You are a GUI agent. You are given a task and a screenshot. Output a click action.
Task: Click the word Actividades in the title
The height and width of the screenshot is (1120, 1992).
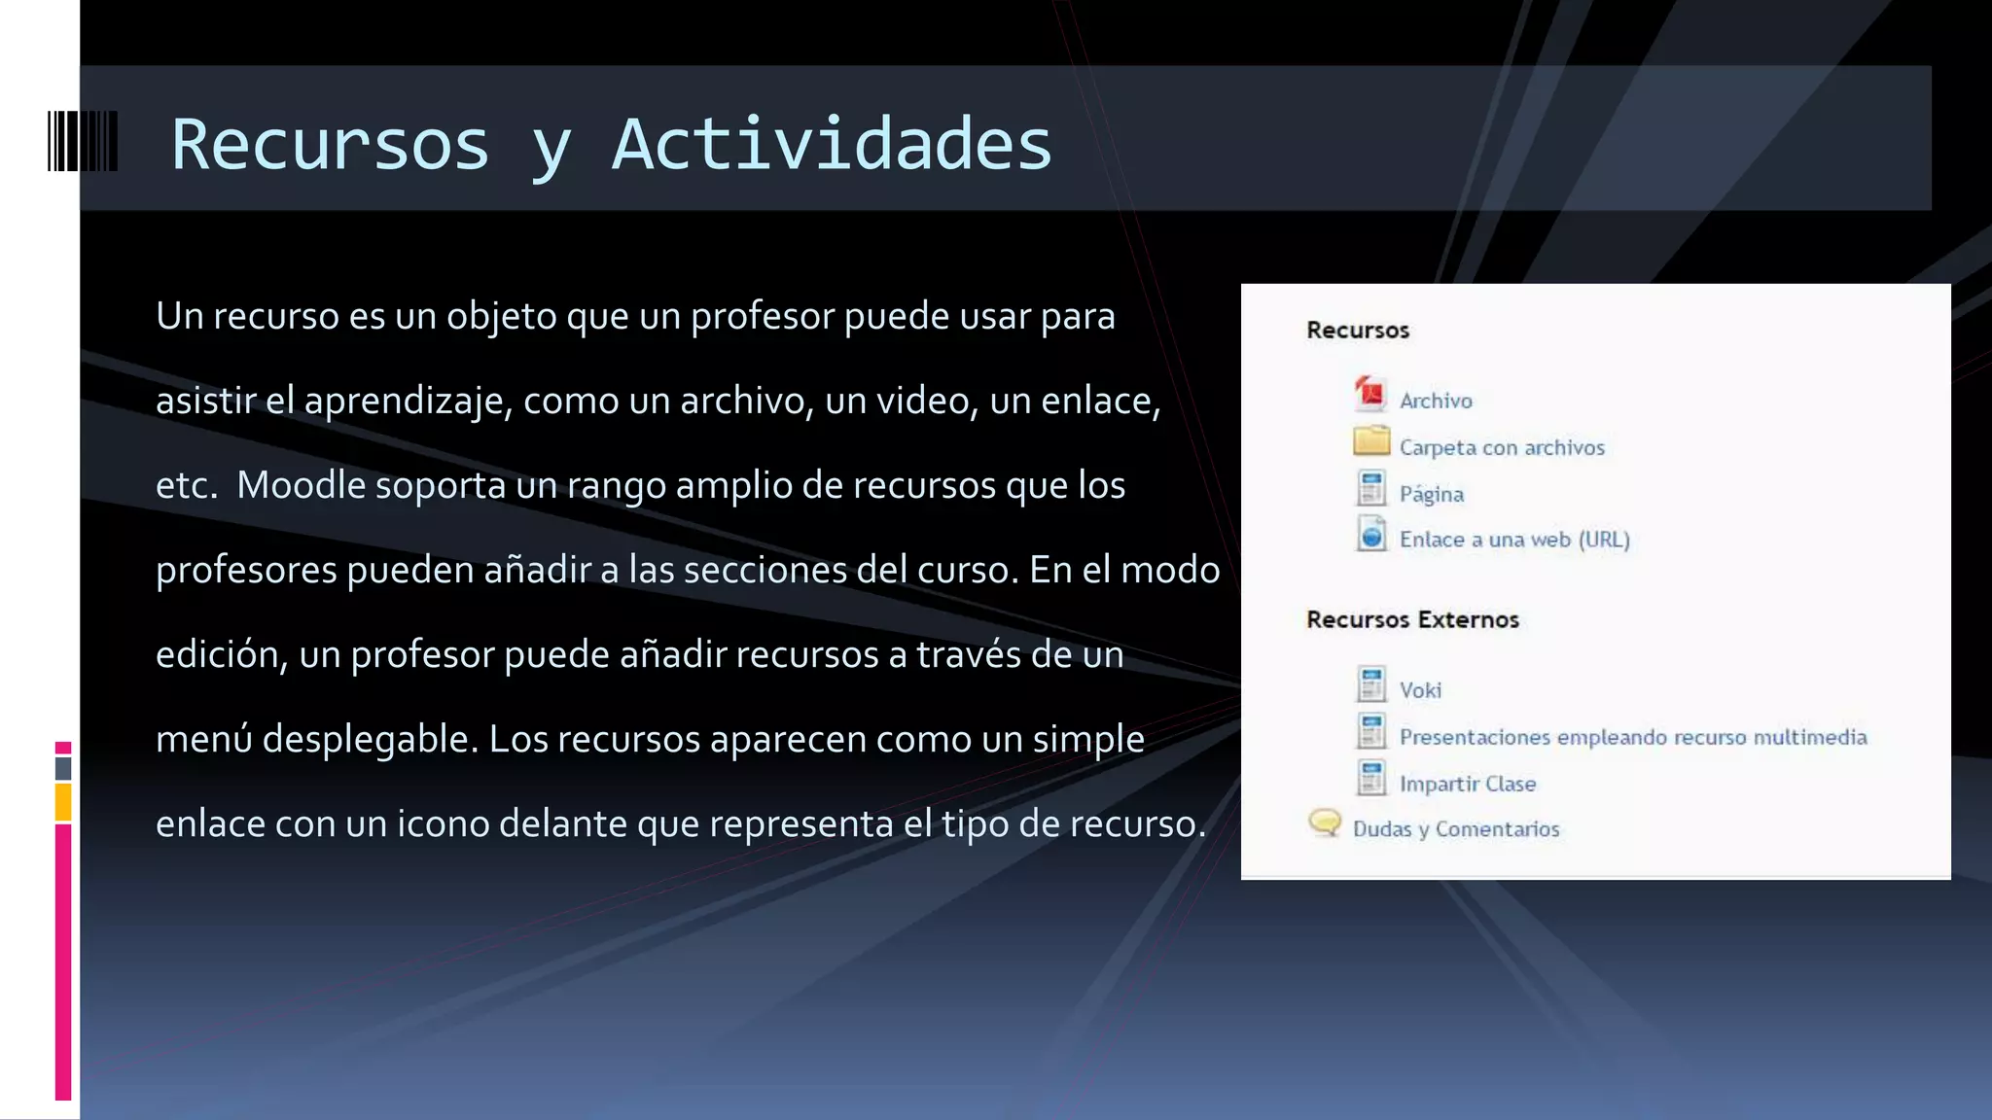click(x=832, y=145)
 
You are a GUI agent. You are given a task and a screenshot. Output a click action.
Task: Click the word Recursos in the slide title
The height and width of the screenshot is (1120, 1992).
click(x=330, y=145)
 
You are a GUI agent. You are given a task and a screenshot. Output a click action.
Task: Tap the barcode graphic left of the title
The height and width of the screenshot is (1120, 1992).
click(x=83, y=142)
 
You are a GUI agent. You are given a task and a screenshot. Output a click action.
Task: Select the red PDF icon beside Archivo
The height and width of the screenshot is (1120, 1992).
click(x=1370, y=395)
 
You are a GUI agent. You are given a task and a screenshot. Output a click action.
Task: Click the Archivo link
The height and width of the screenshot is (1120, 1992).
click(x=1436, y=401)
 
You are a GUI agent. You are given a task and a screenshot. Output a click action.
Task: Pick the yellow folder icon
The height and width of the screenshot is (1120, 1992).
click(x=1371, y=441)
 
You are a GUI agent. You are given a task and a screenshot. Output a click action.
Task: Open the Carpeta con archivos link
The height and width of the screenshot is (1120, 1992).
click(x=1502, y=447)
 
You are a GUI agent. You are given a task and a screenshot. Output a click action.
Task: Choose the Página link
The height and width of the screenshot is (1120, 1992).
click(x=1431, y=494)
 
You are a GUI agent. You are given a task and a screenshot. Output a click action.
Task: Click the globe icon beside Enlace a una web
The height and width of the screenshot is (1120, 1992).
click(x=1371, y=535)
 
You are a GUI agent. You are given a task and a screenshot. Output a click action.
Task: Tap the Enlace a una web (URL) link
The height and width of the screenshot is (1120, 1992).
click(x=1514, y=540)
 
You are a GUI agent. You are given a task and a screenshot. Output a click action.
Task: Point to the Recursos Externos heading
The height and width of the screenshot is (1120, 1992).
click(x=1412, y=619)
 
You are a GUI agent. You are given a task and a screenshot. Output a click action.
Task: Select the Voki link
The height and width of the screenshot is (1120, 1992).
click(x=1420, y=690)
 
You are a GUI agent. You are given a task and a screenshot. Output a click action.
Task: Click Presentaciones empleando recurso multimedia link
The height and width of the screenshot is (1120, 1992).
click(x=1633, y=737)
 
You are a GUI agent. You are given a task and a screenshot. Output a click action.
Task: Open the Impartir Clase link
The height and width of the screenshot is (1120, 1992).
click(x=1468, y=784)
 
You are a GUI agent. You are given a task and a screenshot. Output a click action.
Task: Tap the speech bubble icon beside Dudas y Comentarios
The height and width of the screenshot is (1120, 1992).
click(x=1325, y=823)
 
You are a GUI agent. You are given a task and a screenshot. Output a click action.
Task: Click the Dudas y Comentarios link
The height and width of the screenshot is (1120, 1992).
click(x=1456, y=829)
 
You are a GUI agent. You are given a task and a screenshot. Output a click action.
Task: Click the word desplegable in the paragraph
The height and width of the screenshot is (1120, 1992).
click(x=370, y=739)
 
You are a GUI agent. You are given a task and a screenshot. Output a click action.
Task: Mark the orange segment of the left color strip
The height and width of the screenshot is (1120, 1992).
click(x=63, y=803)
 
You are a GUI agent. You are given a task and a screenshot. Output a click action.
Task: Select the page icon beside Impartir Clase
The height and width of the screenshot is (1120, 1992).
click(x=1371, y=778)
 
